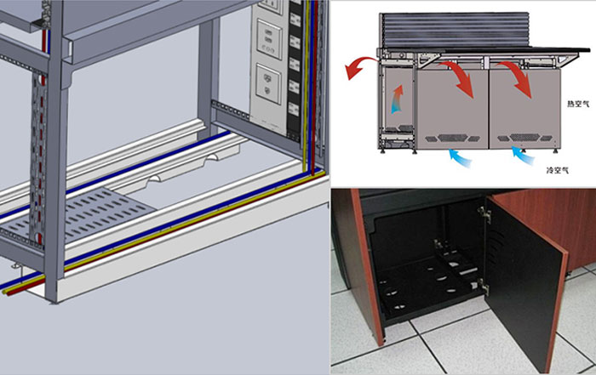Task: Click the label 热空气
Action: pyautogui.click(x=578, y=104)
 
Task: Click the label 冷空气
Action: pyautogui.click(x=557, y=170)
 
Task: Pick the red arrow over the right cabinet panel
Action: pyautogui.click(x=516, y=79)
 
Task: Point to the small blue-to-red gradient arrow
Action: pyautogui.click(x=398, y=99)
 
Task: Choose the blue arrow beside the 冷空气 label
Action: pyautogui.click(x=523, y=156)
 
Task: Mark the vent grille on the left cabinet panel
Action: pyautogui.click(x=452, y=138)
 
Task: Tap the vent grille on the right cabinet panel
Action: pyautogui.click(x=524, y=138)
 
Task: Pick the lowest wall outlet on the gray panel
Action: pyautogui.click(x=268, y=84)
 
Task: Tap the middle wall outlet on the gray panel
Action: pyautogui.click(x=269, y=39)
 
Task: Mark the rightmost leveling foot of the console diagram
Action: pyautogui.click(x=555, y=151)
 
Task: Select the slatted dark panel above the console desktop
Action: pyautogui.click(x=455, y=30)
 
